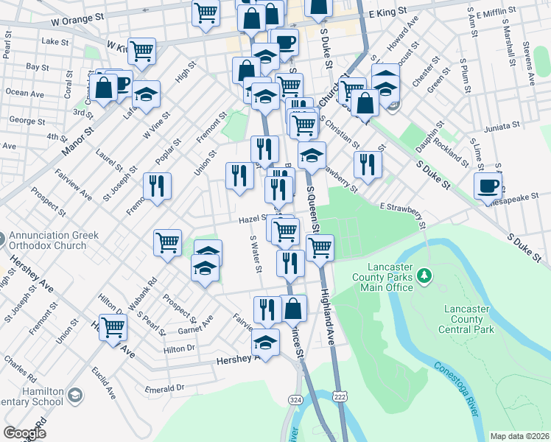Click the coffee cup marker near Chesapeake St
488,186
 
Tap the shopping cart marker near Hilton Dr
113,326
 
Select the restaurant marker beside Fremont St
155,186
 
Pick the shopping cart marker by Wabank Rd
168,242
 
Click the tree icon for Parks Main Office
424,276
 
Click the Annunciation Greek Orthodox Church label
49,241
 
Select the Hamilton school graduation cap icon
74,396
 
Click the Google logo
24,432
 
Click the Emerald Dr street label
164,387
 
